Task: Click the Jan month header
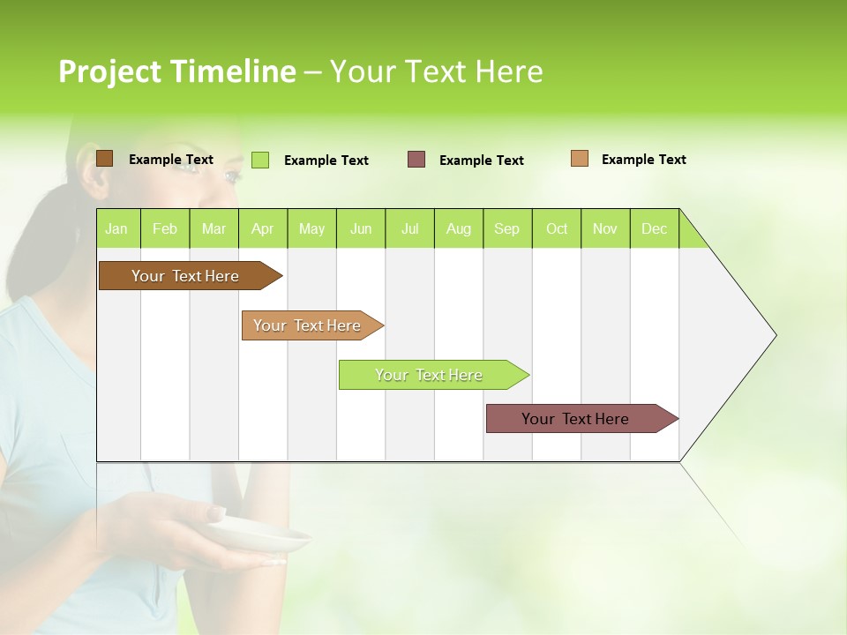117,228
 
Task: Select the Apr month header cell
263,228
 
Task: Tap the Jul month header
409,228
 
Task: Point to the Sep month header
507,228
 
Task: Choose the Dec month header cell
654,228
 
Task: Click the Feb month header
165,228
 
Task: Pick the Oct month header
557,228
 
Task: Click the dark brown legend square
104,159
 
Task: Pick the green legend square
260,160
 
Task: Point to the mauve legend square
416,160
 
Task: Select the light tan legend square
580,159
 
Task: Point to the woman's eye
232,176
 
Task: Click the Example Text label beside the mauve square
481,161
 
